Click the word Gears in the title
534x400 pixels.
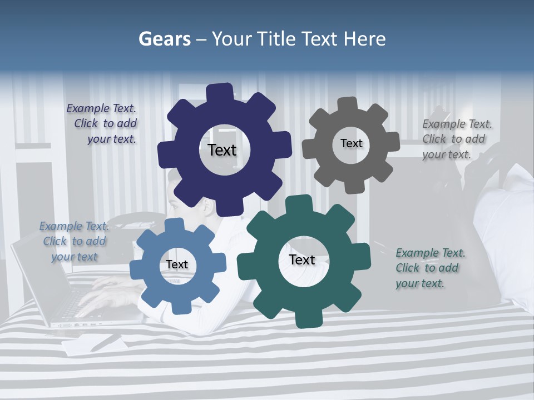pyautogui.click(x=164, y=39)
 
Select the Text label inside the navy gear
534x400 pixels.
pyautogui.click(x=222, y=150)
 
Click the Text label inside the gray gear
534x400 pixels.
pyautogui.click(x=351, y=143)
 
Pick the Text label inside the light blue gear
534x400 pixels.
pyautogui.click(x=177, y=264)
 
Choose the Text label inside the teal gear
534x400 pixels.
pyautogui.click(x=302, y=260)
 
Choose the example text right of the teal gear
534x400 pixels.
pyautogui.click(x=429, y=268)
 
